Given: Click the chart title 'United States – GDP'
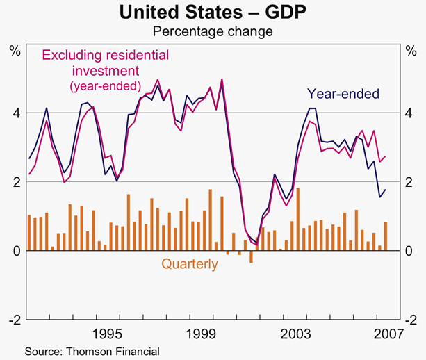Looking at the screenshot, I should (213, 13).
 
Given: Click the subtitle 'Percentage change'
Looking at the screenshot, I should (213, 31).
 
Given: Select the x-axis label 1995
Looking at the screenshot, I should (107, 332).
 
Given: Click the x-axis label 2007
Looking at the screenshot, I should (386, 332).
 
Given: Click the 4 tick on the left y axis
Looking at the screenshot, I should (15, 113).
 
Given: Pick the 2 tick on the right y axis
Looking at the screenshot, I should (411, 181).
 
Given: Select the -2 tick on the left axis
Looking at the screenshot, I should (13, 319).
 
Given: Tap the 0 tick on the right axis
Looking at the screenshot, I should (411, 250).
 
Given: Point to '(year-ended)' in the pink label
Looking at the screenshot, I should (106, 86).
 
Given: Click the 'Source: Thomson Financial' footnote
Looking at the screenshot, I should (92, 352).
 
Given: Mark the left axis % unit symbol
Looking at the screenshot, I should (14, 49).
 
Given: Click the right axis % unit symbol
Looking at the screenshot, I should (411, 49).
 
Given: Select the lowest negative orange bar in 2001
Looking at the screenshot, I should (251, 256).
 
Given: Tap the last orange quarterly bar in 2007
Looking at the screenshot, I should (385, 236).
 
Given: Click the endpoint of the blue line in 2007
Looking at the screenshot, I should (386, 190).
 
